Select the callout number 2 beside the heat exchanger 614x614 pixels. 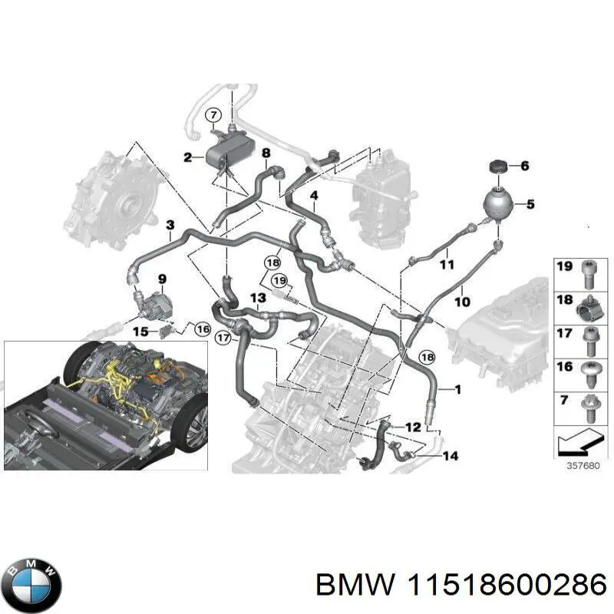point(187,158)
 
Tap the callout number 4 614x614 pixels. point(314,196)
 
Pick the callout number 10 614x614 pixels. point(462,302)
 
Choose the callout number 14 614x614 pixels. point(450,457)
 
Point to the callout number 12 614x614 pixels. point(413,427)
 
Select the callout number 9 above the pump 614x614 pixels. point(162,277)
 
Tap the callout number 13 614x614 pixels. point(257,297)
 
